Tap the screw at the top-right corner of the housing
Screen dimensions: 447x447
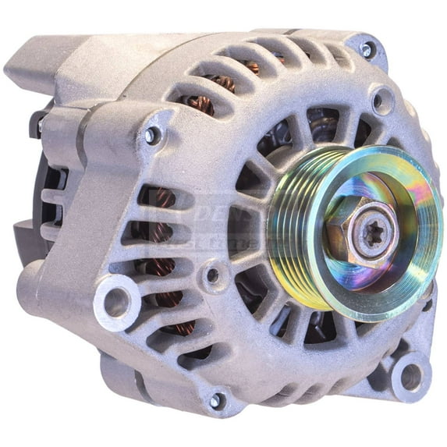(x=367, y=49)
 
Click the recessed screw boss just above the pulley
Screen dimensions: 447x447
(x=381, y=101)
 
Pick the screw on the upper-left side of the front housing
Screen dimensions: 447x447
(x=152, y=135)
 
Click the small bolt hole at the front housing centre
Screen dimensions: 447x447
(x=212, y=275)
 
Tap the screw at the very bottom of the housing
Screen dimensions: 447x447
(x=216, y=402)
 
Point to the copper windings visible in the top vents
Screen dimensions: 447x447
(x=222, y=82)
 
